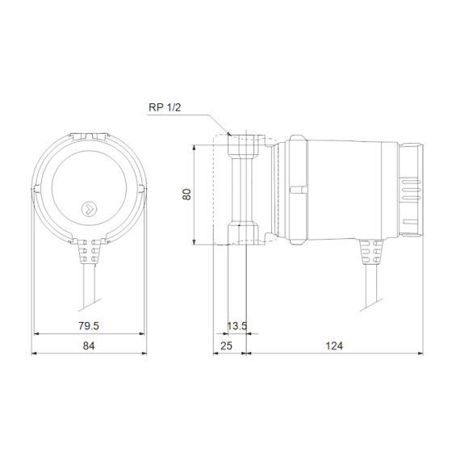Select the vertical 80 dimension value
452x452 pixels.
(187, 195)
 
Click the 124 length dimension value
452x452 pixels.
(333, 346)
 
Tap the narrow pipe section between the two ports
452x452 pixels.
(245, 191)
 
